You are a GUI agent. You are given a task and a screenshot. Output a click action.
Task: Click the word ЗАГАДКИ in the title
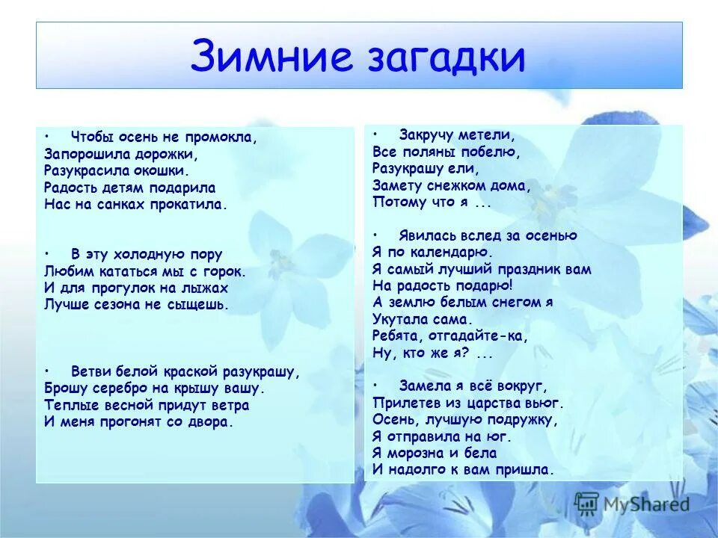(x=436, y=57)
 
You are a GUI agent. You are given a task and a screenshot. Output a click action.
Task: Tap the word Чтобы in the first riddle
(x=90, y=137)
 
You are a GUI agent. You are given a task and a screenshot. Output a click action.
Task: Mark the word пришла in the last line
(x=527, y=470)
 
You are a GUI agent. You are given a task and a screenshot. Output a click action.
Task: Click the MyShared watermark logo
(x=632, y=503)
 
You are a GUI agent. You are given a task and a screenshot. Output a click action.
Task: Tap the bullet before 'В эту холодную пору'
(x=47, y=253)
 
